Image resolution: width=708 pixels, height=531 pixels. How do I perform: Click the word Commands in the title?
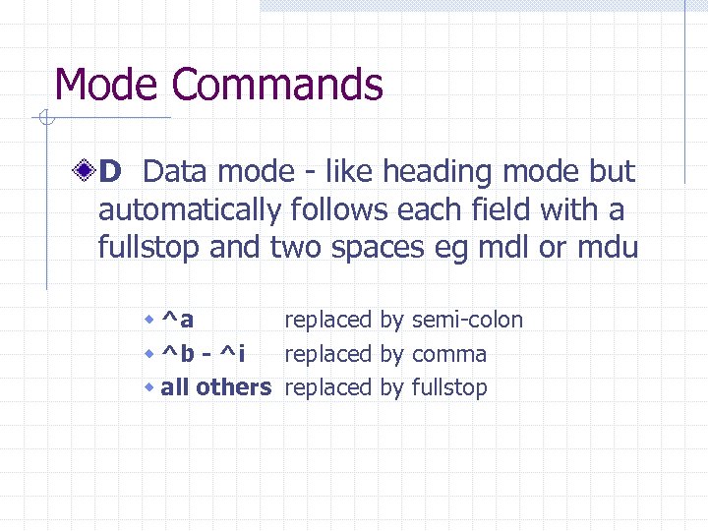[275, 85]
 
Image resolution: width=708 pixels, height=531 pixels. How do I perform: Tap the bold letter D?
[109, 173]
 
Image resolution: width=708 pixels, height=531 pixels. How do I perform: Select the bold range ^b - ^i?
[204, 353]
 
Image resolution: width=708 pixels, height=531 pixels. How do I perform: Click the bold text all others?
[214, 387]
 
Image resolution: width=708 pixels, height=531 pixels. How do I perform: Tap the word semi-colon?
[468, 320]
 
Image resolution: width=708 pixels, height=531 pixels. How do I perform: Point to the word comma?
[449, 354]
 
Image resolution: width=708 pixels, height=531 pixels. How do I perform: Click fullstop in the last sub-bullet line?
[449, 387]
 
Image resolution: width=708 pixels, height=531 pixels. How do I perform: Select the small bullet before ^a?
[148, 321]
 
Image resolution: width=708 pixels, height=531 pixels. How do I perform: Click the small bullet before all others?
[148, 388]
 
